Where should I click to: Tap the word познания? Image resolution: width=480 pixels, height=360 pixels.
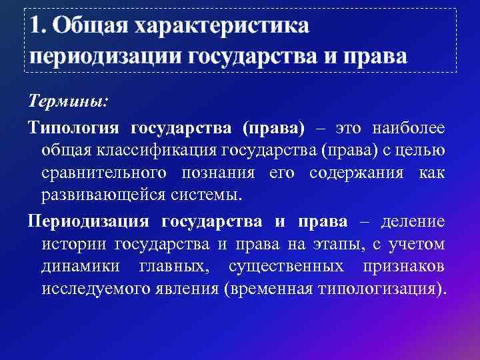click(x=217, y=173)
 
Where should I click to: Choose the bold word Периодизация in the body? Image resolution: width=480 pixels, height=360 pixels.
click(x=89, y=221)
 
